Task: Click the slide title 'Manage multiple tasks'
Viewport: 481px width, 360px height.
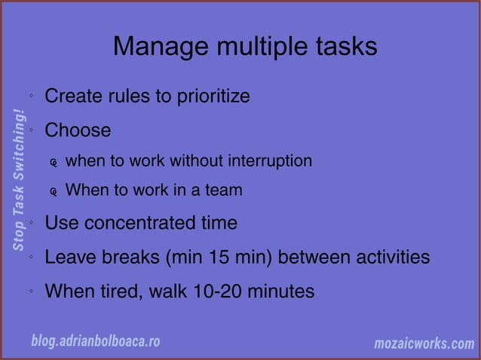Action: tap(245, 47)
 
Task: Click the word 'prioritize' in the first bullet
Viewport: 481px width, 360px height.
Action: tap(212, 97)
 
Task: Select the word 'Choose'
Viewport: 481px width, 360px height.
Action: tap(78, 130)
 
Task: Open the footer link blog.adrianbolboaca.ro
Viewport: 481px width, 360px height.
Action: tap(95, 341)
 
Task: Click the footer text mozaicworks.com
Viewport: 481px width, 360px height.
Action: tap(424, 343)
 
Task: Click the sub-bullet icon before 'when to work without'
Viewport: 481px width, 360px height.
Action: tap(54, 163)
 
